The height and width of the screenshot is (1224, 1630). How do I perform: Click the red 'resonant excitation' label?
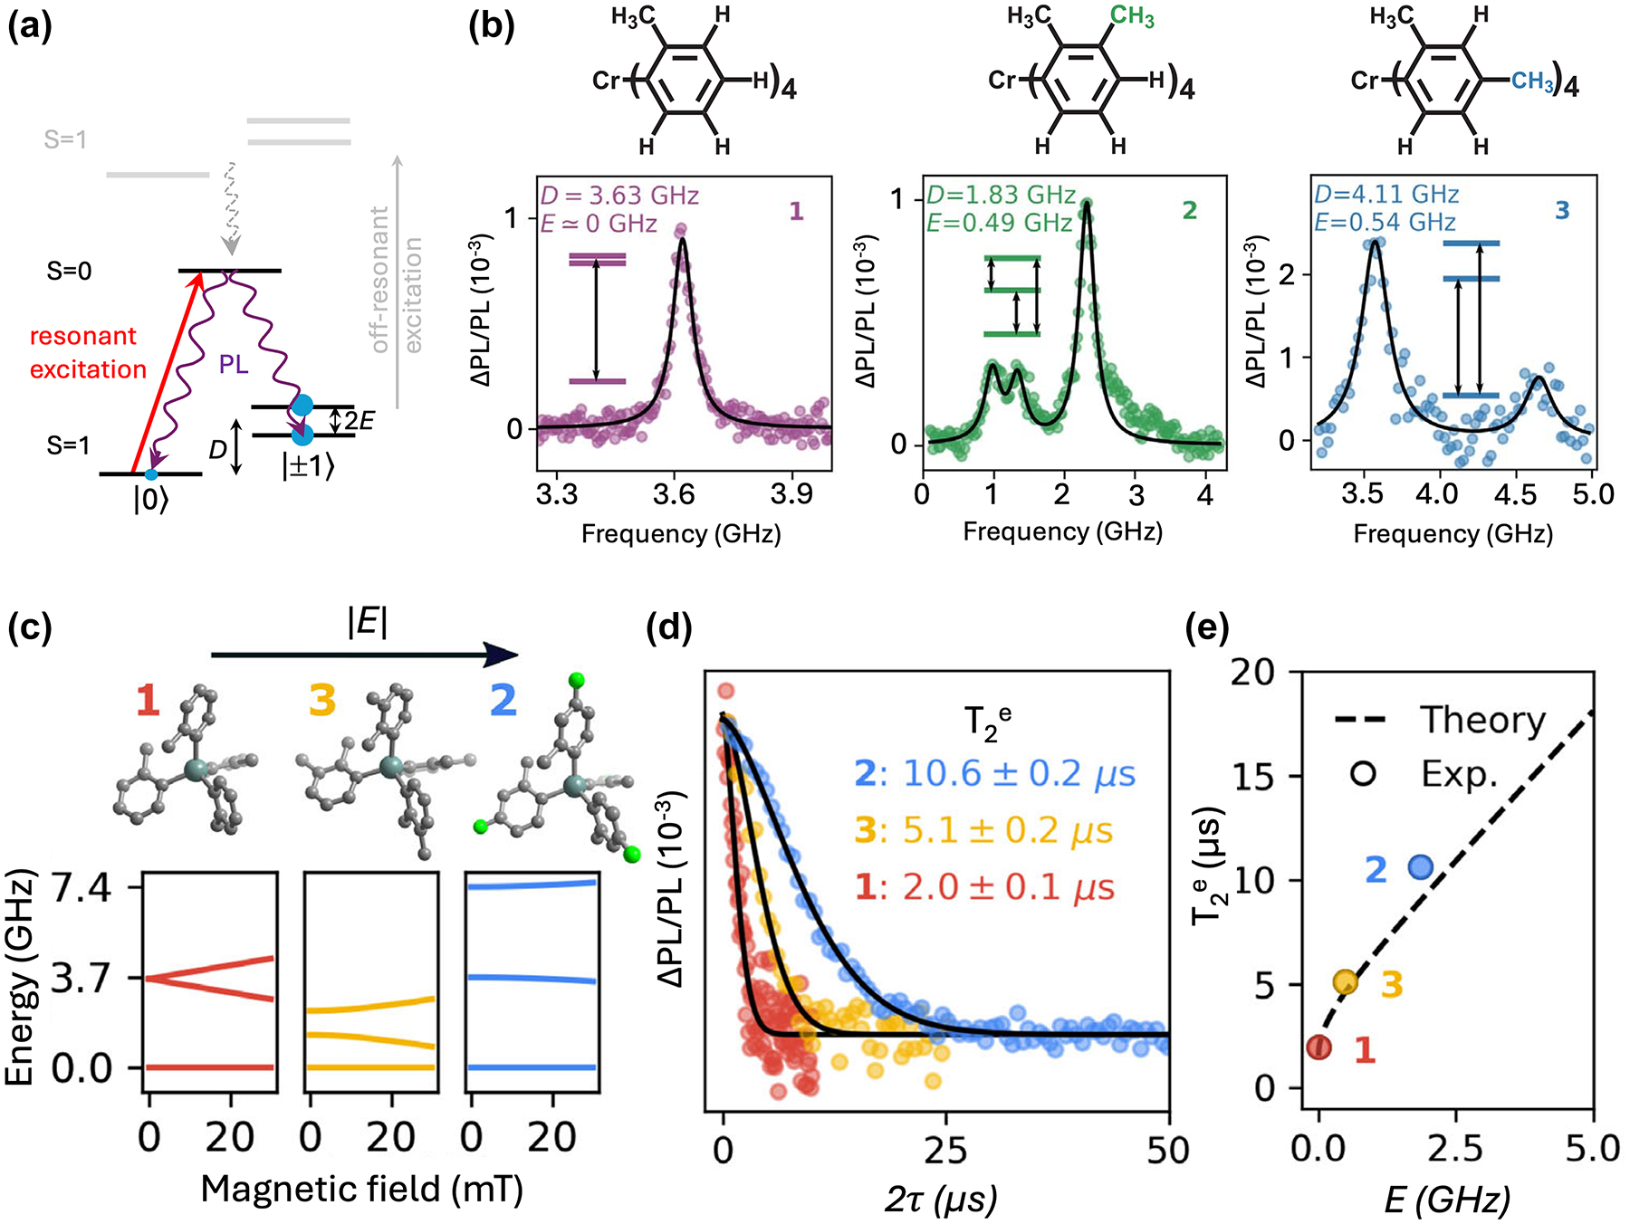(x=88, y=353)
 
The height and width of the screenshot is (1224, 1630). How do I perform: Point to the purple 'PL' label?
(x=233, y=365)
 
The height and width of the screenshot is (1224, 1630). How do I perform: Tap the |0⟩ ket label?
(x=150, y=499)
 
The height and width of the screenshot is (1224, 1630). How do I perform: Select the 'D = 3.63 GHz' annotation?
(x=619, y=196)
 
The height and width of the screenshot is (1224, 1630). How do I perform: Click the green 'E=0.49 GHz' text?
(x=999, y=223)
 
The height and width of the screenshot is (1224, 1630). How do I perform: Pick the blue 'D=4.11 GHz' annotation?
(x=1386, y=195)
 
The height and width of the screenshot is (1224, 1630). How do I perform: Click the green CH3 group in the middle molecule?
(x=1132, y=16)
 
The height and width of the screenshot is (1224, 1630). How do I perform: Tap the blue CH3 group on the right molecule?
(x=1532, y=81)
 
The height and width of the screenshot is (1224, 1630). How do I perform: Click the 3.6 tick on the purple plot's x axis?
(x=674, y=493)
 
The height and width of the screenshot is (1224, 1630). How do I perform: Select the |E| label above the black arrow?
(x=367, y=624)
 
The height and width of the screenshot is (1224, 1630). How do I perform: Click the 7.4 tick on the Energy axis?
(x=81, y=888)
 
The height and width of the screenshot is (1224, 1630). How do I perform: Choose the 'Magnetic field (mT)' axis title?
(x=362, y=1189)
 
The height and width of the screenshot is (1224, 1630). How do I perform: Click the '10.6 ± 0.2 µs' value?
(x=1019, y=774)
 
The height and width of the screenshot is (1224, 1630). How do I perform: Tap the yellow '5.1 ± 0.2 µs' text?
(x=1007, y=831)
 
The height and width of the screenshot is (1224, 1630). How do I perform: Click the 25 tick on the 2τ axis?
(x=945, y=1150)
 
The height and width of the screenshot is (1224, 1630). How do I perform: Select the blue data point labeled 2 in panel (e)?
(x=1421, y=867)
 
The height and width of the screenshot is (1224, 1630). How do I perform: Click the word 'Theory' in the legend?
(x=1482, y=721)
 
